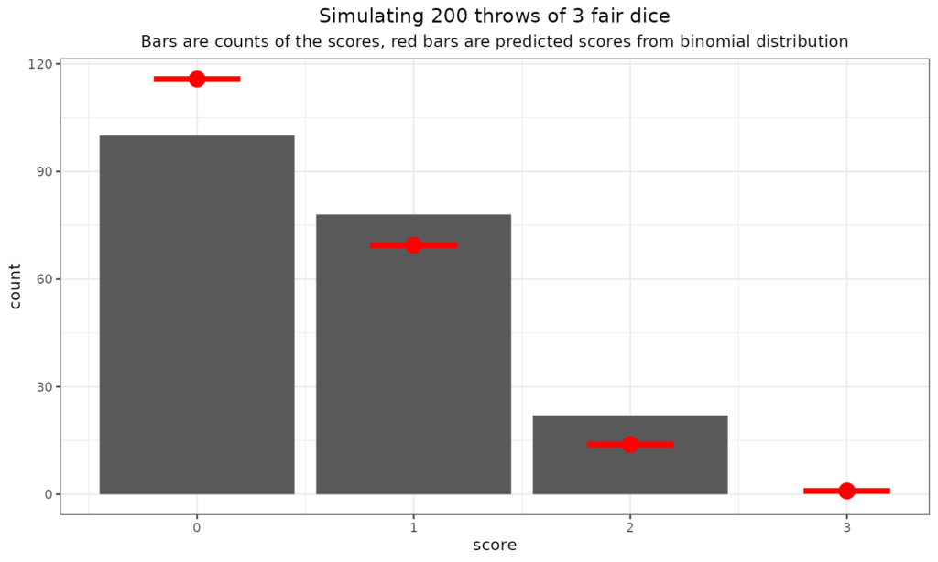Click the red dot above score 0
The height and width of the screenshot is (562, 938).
click(x=197, y=79)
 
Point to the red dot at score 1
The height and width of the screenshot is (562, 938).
click(x=413, y=245)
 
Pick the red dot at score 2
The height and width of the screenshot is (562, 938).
click(x=630, y=444)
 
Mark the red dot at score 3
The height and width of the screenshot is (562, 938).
click(x=846, y=491)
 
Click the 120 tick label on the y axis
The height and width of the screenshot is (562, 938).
click(x=41, y=64)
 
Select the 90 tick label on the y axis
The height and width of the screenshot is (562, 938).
click(x=44, y=171)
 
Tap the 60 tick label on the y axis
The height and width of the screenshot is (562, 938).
click(x=44, y=279)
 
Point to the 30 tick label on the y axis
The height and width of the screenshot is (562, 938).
click(x=44, y=386)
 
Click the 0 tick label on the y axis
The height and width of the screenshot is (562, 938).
click(x=48, y=494)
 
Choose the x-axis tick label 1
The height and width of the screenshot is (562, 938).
click(x=413, y=527)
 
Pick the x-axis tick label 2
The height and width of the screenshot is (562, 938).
click(x=630, y=527)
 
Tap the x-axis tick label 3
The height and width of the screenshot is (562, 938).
click(x=846, y=527)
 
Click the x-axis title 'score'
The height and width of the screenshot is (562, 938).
click(x=495, y=546)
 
